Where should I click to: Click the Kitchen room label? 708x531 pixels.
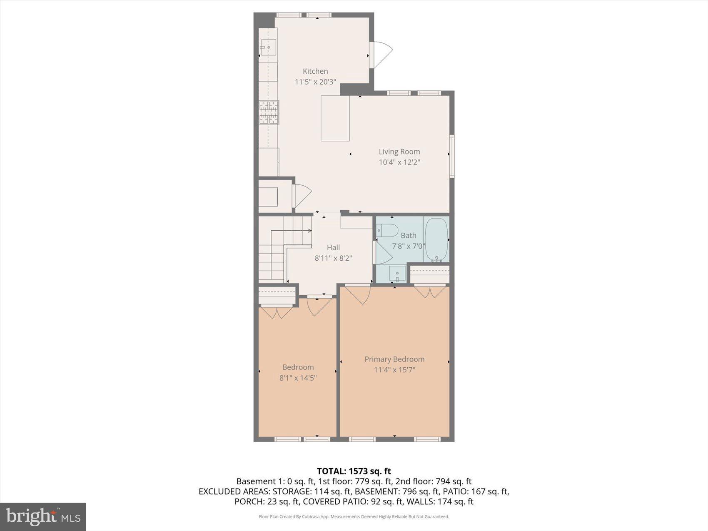315,71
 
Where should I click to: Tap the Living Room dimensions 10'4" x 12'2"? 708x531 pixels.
399,162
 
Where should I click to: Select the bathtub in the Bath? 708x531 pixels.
436,239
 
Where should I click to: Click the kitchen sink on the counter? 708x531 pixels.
269,47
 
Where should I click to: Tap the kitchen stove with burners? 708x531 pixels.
269,112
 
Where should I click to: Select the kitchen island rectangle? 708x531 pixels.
335,118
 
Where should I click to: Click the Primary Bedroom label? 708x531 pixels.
394,359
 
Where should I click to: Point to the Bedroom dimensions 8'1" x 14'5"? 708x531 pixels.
298,378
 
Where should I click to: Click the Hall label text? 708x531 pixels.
333,247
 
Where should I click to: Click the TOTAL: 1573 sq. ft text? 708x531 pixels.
354,471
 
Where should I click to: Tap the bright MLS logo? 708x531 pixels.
43,517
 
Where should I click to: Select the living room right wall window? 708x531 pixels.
452,156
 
